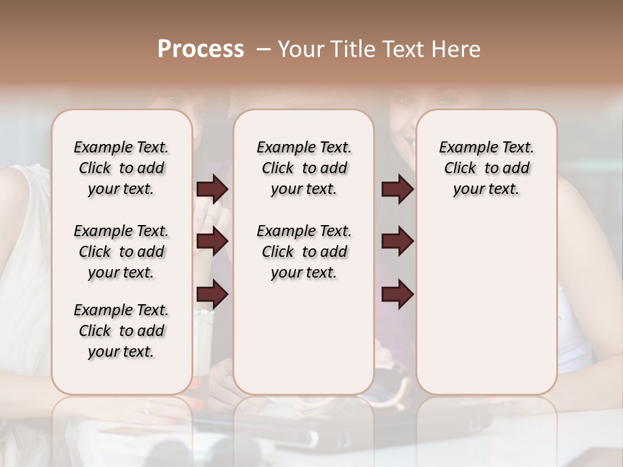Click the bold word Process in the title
[201, 49]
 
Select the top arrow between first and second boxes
[212, 189]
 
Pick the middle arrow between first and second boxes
[212, 242]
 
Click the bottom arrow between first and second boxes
[212, 294]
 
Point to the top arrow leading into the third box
[397, 189]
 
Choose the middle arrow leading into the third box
[397, 242]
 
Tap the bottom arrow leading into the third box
[397, 294]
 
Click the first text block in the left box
[121, 168]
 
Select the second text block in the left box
[121, 252]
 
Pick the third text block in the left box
[121, 331]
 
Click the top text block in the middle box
[304, 168]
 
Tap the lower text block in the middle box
[304, 252]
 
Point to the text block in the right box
[486, 168]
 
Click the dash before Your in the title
[263, 49]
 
